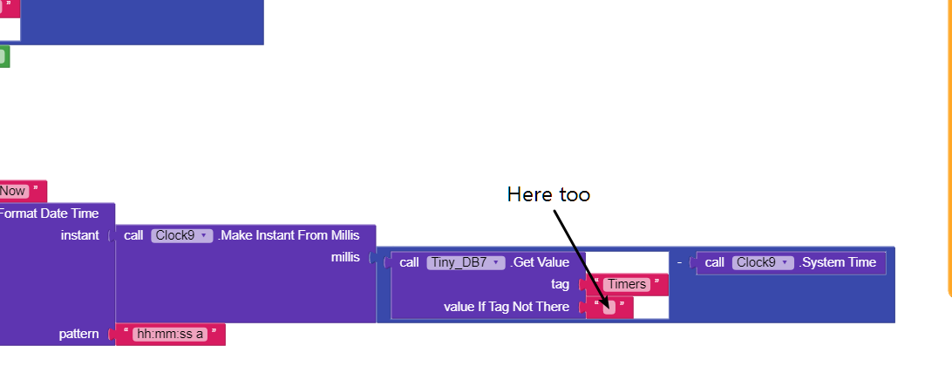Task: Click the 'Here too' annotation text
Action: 548,194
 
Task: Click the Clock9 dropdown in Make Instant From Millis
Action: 182,235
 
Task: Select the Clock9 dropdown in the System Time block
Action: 763,262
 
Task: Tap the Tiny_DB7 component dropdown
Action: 466,262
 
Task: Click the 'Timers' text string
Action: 627,285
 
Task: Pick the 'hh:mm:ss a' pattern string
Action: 170,335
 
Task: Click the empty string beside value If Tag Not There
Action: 609,307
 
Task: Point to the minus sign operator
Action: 679,263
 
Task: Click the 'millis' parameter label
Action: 345,257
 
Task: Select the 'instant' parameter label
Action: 79,235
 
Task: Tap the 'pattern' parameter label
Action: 78,335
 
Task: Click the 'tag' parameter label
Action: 560,285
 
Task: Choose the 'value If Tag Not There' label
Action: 507,307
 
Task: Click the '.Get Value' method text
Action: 540,262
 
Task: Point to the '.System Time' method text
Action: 837,262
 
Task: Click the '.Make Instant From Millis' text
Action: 289,235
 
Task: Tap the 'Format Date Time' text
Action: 49,213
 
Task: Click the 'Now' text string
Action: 13,191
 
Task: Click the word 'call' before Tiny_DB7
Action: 409,262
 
